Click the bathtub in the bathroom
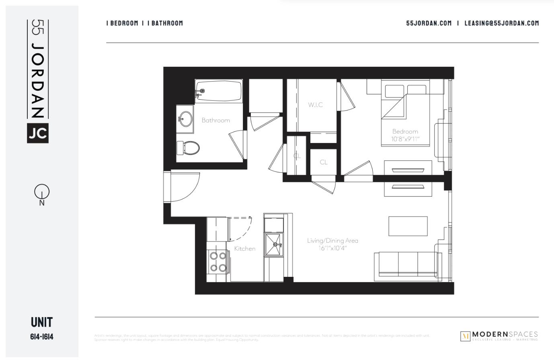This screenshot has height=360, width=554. pyautogui.click(x=219, y=91)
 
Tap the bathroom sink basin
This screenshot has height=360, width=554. pyautogui.click(x=186, y=119)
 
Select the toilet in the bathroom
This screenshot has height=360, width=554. pyautogui.click(x=189, y=148)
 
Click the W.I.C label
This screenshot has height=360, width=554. pyautogui.click(x=316, y=105)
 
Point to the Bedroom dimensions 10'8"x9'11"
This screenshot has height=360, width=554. pyautogui.click(x=405, y=139)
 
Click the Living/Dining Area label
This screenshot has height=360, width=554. pyautogui.click(x=332, y=241)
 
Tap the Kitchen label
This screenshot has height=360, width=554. pyautogui.click(x=245, y=249)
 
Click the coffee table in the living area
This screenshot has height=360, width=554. pyautogui.click(x=408, y=226)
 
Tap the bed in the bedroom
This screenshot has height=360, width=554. pyautogui.click(x=405, y=112)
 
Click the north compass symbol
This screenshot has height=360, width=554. pyautogui.click(x=42, y=192)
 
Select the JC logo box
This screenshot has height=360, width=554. pyautogui.click(x=38, y=133)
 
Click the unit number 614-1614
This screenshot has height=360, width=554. pyautogui.click(x=42, y=337)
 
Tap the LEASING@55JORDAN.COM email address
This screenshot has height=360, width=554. pyautogui.click(x=501, y=23)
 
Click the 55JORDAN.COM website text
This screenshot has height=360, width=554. pyautogui.click(x=429, y=23)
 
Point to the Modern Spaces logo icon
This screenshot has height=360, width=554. pyautogui.click(x=465, y=336)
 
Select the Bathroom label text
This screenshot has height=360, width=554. pyautogui.click(x=216, y=120)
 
